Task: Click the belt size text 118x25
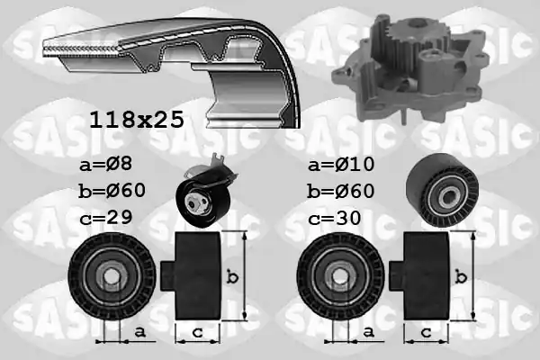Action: click(x=137, y=120)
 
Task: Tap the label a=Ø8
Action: click(x=105, y=164)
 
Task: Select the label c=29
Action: click(x=105, y=218)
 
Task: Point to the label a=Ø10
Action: click(x=341, y=164)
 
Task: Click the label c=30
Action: click(x=335, y=218)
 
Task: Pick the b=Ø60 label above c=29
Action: click(x=112, y=191)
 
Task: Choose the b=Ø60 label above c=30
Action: click(x=340, y=191)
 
